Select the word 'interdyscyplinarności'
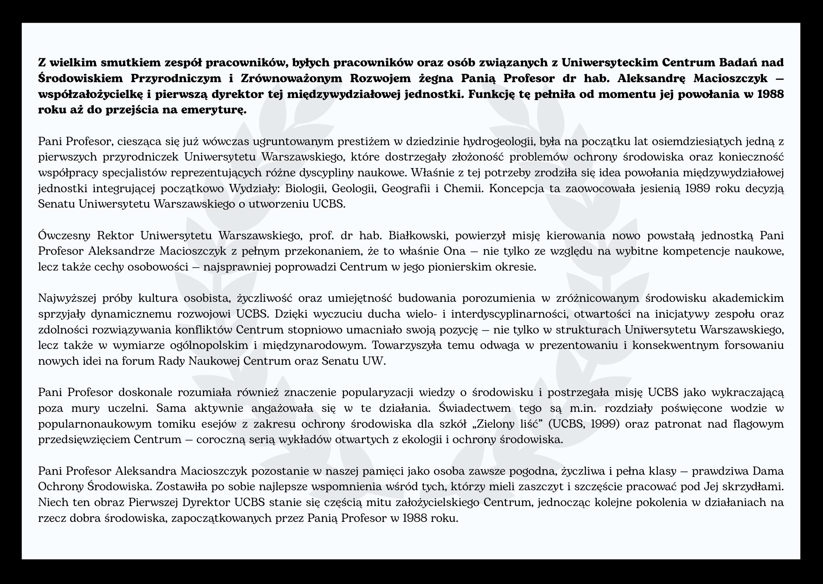(507, 314)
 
